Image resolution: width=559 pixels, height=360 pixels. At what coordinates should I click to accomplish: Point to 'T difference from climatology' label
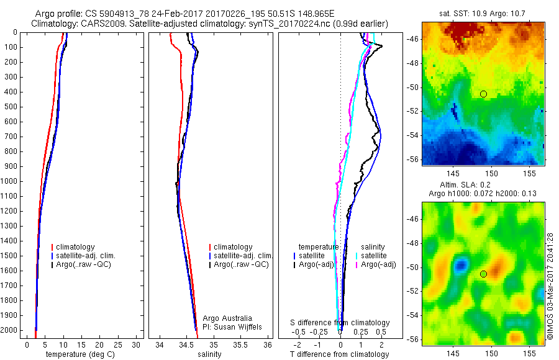pos(340,354)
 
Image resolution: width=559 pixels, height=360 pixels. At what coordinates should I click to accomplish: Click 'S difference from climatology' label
pos(340,323)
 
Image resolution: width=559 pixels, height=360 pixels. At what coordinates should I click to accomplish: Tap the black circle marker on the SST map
pos(483,94)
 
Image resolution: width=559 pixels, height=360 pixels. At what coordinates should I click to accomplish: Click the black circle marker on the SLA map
pos(483,274)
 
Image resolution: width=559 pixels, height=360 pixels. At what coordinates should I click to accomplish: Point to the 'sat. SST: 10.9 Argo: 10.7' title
pos(483,13)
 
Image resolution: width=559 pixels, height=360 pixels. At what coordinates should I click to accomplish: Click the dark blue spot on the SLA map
pos(460,266)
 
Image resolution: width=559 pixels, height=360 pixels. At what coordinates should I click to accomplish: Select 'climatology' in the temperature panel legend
pos(78,247)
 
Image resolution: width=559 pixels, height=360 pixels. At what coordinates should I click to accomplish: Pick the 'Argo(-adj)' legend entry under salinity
pos(378,264)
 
